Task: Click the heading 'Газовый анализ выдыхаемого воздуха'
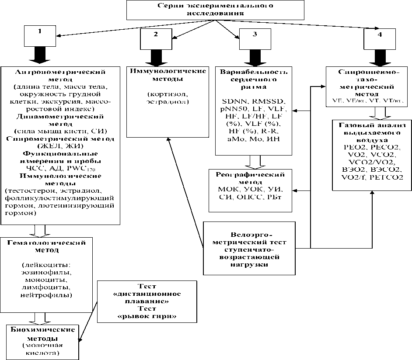pos(372,133)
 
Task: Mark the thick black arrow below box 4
pos(379,57)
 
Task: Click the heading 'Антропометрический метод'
pos(60,75)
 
